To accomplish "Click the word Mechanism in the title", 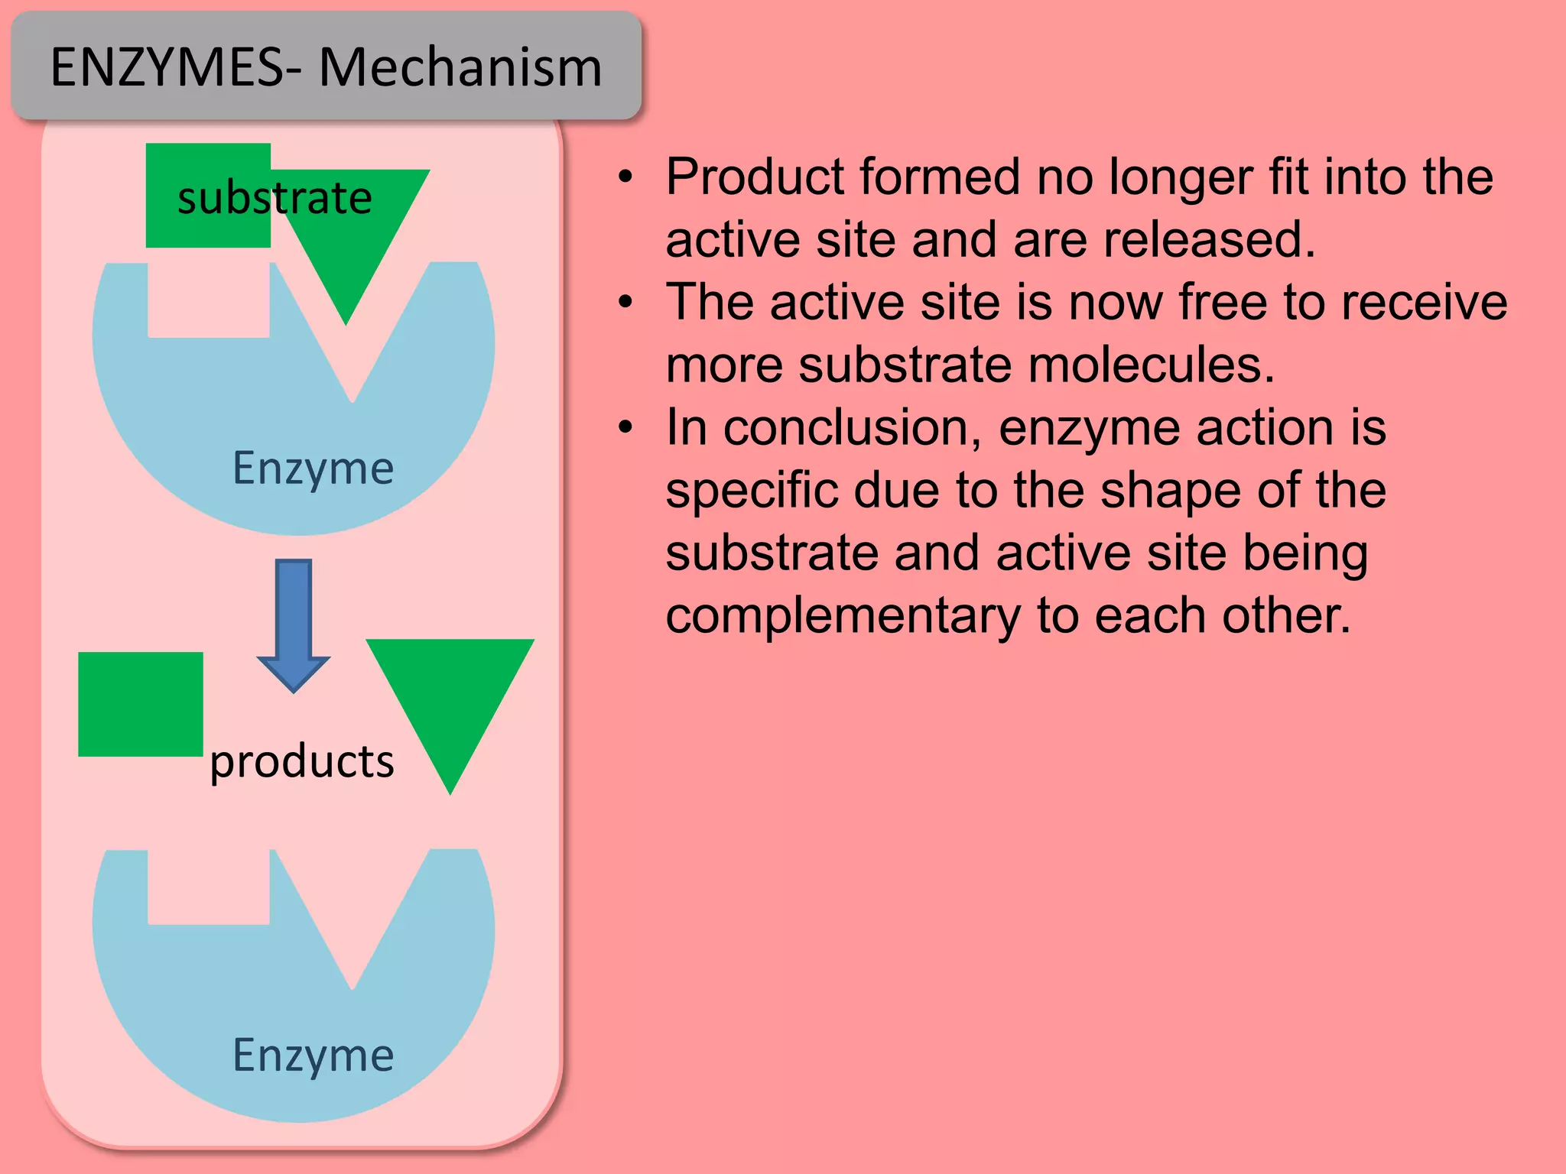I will pyautogui.click(x=460, y=67).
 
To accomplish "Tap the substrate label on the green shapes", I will pyautogui.click(x=275, y=198).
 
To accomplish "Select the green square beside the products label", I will pyautogui.click(x=141, y=704).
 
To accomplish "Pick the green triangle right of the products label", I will pyautogui.click(x=450, y=696).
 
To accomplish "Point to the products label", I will pyautogui.click(x=302, y=761).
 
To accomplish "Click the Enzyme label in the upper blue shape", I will pyautogui.click(x=313, y=468).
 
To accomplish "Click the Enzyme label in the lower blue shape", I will pyautogui.click(x=313, y=1055).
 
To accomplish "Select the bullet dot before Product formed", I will pyautogui.click(x=626, y=177).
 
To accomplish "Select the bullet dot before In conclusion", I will pyautogui.click(x=626, y=427).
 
